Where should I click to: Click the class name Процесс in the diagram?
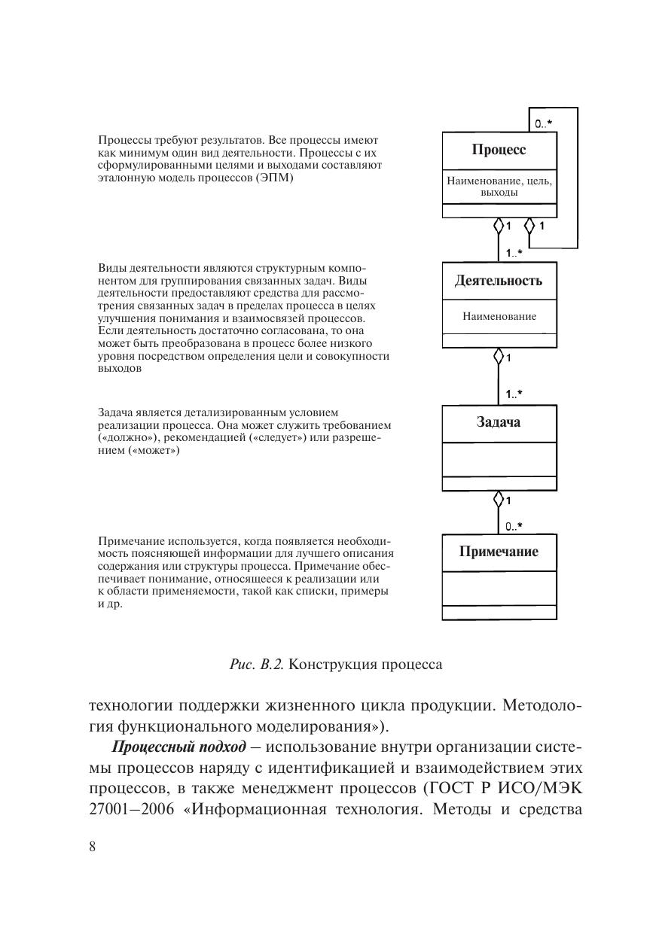coord(499,150)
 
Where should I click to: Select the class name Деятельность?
coord(499,281)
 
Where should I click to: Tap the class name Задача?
coord(499,422)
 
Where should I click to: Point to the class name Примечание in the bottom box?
coord(499,552)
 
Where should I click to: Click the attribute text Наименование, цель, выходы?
coord(499,187)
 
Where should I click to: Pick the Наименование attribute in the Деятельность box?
coord(499,317)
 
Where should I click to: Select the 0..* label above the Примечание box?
coord(514,526)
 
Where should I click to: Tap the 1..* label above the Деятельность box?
coord(514,253)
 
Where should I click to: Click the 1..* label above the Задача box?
coord(514,394)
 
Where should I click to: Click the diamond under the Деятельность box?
coord(498,356)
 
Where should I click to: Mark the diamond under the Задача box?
coord(498,498)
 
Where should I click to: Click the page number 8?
coord(93,847)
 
